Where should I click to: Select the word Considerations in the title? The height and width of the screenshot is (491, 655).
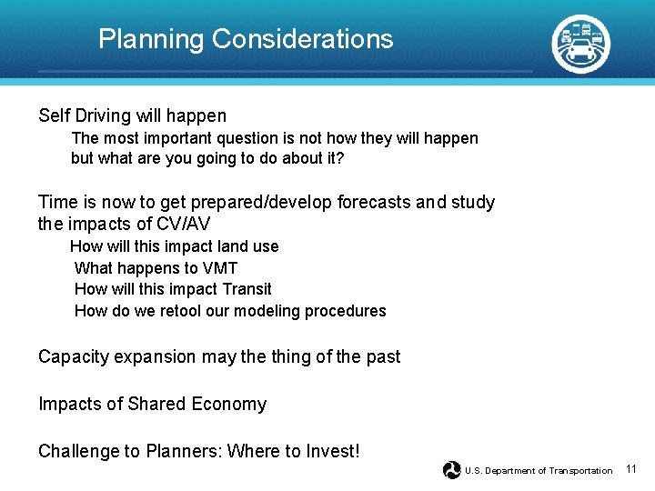[302, 39]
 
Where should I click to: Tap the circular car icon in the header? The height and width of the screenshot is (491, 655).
[581, 43]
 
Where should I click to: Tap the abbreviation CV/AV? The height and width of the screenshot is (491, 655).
[186, 224]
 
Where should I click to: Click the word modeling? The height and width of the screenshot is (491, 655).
[267, 311]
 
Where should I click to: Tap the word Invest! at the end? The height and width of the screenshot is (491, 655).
[334, 451]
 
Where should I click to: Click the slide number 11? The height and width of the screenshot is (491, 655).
[632, 469]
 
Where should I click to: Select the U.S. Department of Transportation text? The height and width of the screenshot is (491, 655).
[539, 471]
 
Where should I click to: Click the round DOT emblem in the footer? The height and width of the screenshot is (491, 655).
[451, 470]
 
